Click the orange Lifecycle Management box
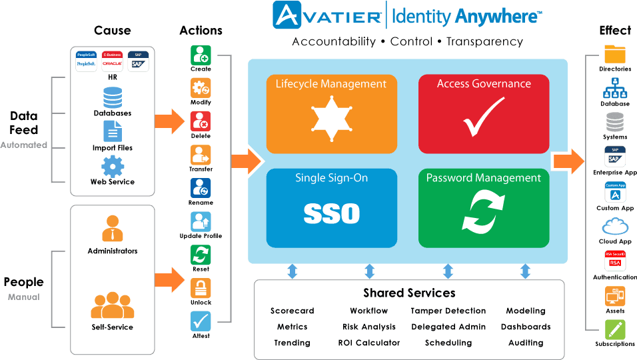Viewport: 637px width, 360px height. (331, 114)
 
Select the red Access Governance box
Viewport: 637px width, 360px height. (484, 114)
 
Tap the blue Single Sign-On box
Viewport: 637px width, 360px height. (331, 208)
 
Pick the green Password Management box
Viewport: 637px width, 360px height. (484, 208)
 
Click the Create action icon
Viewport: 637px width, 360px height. (201, 55)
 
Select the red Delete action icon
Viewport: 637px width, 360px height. (201, 121)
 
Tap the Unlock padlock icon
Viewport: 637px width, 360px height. (201, 288)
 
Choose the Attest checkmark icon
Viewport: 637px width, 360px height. (201, 321)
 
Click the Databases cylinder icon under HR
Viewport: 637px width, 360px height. (113, 97)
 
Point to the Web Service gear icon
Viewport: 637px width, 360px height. (113, 166)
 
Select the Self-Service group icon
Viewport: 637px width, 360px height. (113, 305)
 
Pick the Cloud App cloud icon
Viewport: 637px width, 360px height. (615, 227)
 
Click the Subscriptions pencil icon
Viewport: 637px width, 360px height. (615, 330)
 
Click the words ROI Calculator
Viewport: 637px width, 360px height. (369, 343)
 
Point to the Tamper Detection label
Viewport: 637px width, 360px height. (448, 311)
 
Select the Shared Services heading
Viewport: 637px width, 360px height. (409, 293)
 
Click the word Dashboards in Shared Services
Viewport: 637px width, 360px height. (526, 327)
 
